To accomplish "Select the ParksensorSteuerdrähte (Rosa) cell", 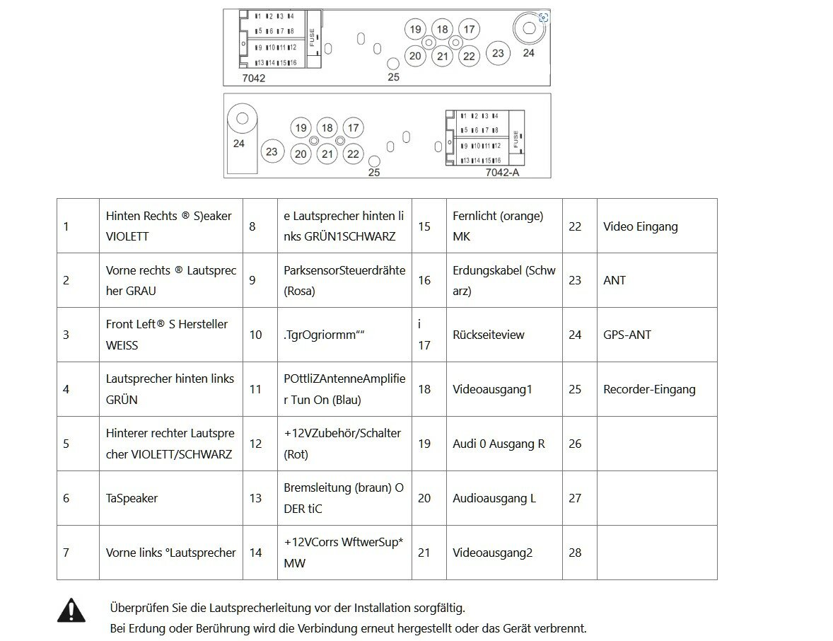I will click(344, 280).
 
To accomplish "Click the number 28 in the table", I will click(575, 553).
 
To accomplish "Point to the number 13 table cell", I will click(256, 498).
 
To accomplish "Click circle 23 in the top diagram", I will click(498, 52).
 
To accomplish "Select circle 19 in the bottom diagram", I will click(301, 128).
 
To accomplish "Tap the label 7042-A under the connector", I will click(502, 172).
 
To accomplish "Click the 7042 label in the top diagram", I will click(253, 78).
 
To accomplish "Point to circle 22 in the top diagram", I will click(468, 56).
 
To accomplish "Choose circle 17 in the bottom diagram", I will click(353, 128).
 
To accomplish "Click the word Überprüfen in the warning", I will click(134, 607).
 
